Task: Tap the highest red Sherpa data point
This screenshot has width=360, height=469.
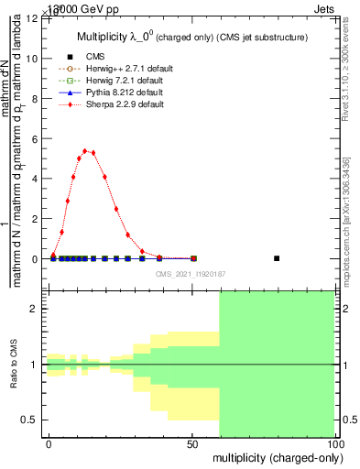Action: [x=84, y=151]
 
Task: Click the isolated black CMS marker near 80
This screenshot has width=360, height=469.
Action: [x=277, y=258]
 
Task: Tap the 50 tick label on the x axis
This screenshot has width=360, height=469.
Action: [x=192, y=443]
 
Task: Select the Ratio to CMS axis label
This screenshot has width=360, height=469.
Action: [x=14, y=365]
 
